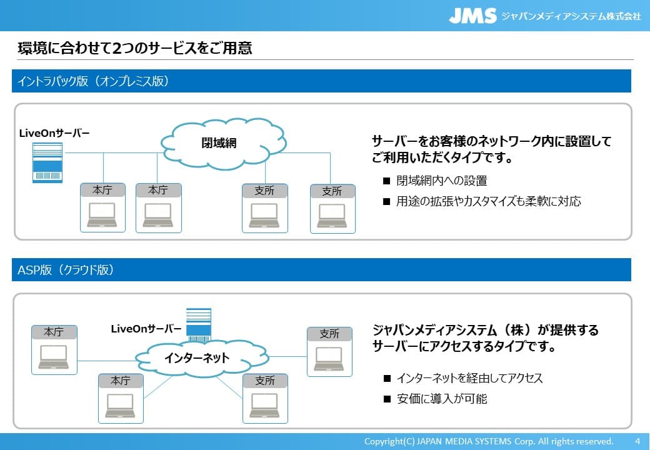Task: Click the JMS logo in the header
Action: point(472,16)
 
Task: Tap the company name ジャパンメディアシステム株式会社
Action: point(571,16)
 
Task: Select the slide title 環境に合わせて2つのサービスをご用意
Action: point(134,48)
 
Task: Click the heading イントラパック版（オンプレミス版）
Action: point(93,81)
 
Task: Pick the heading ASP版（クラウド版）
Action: point(66,270)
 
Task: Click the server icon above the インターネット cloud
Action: point(199,324)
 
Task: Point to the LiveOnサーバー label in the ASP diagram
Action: point(146,329)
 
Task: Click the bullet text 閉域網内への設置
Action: point(441,181)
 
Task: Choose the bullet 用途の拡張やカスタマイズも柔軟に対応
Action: point(488,201)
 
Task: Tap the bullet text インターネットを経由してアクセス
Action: point(469,378)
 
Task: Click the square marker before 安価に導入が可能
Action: point(387,399)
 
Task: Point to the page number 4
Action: point(637,441)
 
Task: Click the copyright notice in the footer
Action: point(488,441)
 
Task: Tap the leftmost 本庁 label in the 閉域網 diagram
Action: point(102,190)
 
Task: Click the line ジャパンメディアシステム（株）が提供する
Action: point(485,329)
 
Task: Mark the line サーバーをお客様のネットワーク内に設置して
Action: point(491,141)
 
